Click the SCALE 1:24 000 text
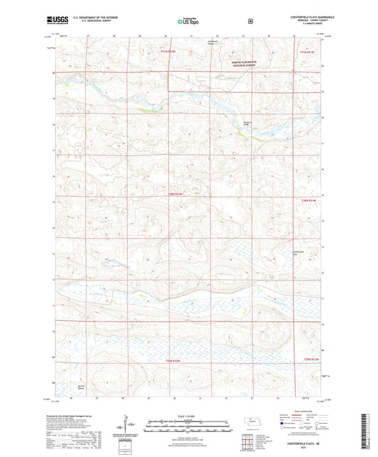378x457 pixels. coord(188,415)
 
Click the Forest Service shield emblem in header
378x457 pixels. coord(250,21)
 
